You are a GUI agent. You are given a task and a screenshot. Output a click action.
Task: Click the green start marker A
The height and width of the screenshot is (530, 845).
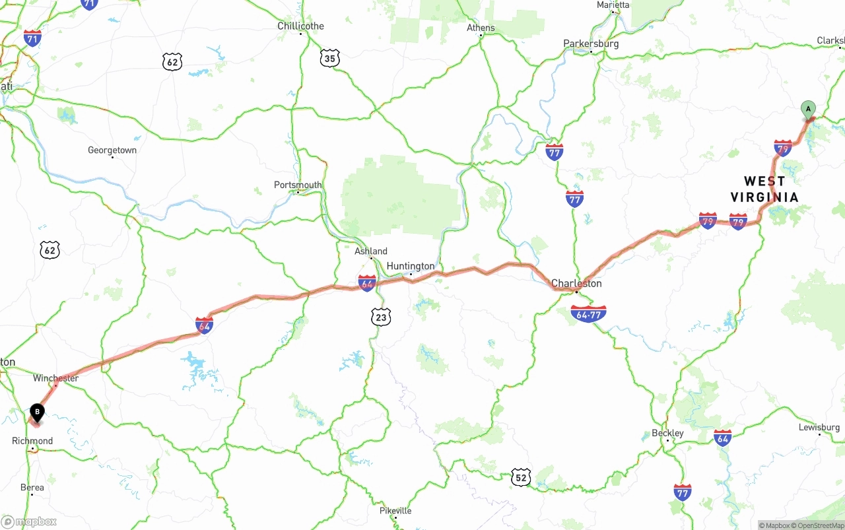[x=808, y=110]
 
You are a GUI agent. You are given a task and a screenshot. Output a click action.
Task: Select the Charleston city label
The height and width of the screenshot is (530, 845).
[x=576, y=283]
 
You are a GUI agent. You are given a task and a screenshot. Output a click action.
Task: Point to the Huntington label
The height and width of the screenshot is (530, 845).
[x=411, y=266]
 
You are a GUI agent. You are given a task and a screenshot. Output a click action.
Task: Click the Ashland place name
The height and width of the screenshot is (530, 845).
[x=371, y=251]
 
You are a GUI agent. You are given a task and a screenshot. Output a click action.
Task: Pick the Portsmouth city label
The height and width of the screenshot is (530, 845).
[x=298, y=185]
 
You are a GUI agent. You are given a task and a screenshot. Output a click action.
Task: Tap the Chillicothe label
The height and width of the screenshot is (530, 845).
[x=300, y=26]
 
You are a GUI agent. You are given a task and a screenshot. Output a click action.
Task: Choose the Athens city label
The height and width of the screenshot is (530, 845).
[x=481, y=28]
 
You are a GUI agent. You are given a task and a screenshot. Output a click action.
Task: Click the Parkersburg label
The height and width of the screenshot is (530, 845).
[x=591, y=44]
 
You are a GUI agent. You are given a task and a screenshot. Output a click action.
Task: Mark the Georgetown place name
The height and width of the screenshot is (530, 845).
[x=112, y=150]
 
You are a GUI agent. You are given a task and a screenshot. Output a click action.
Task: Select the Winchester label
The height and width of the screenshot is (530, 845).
[x=55, y=378]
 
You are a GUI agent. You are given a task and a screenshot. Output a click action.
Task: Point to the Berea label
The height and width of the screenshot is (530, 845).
[x=32, y=488]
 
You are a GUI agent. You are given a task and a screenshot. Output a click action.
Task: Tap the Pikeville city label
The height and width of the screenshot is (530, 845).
[x=395, y=511]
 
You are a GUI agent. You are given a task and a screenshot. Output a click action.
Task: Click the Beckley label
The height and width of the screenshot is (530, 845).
[x=667, y=433]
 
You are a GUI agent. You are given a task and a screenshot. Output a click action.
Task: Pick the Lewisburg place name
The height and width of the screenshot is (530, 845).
[x=819, y=427]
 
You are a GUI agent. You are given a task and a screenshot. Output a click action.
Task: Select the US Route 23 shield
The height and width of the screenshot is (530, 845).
[x=381, y=317]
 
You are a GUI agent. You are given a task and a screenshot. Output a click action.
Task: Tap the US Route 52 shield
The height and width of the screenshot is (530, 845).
[x=521, y=477]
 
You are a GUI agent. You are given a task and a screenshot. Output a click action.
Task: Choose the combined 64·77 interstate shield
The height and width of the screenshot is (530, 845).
[x=588, y=314]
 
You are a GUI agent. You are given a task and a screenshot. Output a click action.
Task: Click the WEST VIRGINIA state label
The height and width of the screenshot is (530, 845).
[x=764, y=189]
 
